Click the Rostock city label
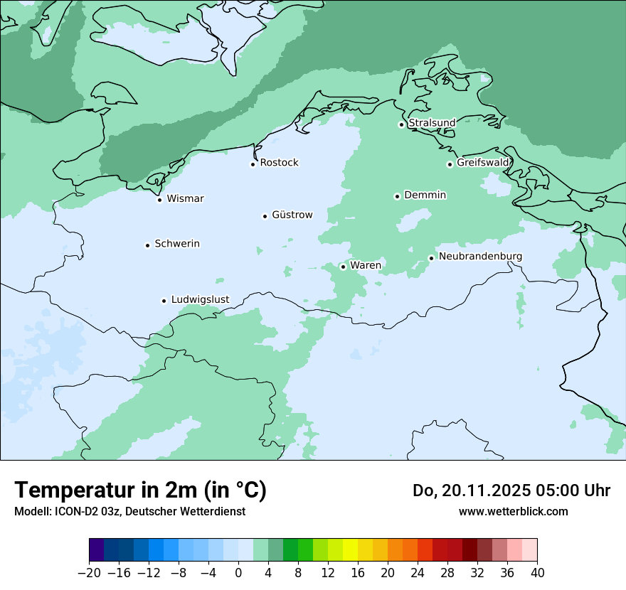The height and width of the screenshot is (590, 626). click(279, 163)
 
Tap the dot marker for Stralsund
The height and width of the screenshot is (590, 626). click(401, 124)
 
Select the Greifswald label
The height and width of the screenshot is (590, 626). click(483, 163)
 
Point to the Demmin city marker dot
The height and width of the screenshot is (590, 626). click(397, 196)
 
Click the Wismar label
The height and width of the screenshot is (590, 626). click(185, 198)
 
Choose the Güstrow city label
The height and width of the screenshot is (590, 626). click(292, 215)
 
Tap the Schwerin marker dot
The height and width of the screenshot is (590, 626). click(147, 245)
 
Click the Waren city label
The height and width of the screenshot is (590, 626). click(365, 265)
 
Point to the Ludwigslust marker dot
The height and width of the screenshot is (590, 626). click(164, 301)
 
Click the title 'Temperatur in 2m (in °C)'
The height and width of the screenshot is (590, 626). click(140, 490)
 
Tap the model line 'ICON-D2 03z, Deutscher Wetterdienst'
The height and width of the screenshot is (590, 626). click(129, 511)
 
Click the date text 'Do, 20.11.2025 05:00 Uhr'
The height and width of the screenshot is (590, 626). click(511, 490)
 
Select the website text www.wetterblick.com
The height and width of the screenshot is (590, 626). click(513, 511)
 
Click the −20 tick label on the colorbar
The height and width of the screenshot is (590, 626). click(89, 573)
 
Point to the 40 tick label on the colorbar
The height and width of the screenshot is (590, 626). click(537, 573)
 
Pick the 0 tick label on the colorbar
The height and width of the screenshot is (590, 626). click(238, 573)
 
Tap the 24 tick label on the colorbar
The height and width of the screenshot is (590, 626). click(418, 573)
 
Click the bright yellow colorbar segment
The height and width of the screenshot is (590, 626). click(350, 550)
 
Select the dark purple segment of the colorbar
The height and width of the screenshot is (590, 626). click(97, 550)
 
